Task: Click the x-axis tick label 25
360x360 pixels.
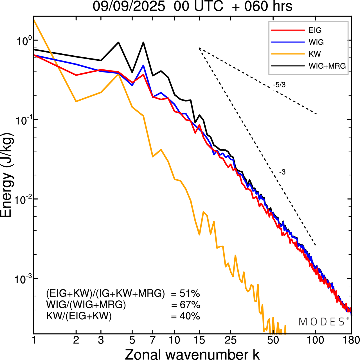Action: tap(230, 340)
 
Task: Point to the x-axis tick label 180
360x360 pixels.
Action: tap(351, 340)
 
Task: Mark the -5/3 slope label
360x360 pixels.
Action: tap(279, 85)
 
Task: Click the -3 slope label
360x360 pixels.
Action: tap(282, 172)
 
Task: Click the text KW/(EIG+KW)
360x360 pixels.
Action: tap(79, 316)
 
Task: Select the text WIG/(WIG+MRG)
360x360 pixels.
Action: tap(86, 305)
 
